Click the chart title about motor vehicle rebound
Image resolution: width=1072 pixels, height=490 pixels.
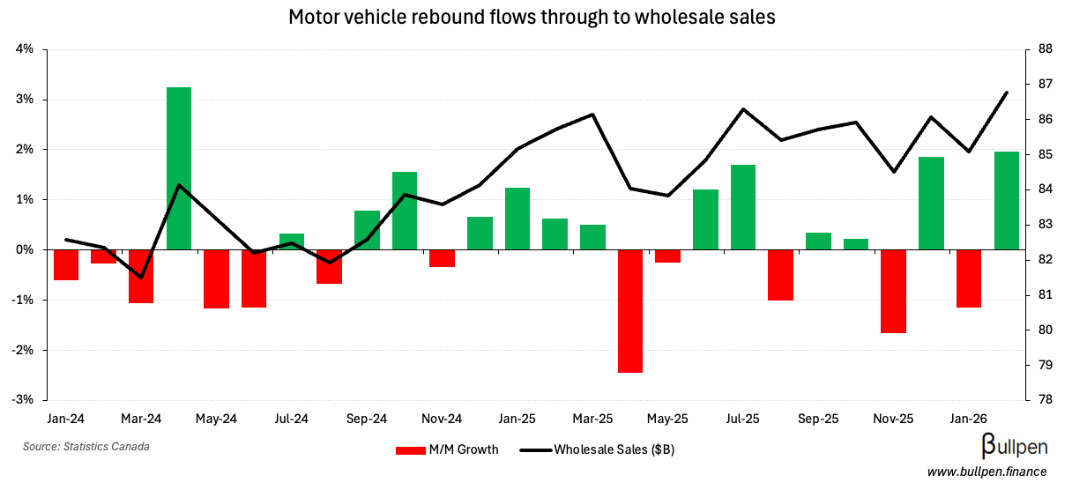coord(532,17)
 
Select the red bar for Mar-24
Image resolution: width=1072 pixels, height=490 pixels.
coord(141,276)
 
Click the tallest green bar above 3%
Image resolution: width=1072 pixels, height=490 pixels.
coord(179,167)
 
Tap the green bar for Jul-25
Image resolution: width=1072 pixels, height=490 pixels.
coord(743,207)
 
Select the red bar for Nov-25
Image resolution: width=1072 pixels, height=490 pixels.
coord(894,291)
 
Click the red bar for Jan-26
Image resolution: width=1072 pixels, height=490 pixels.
coord(969,278)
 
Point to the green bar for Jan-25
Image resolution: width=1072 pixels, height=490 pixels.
coord(517,219)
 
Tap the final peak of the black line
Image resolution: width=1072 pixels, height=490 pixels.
coord(1007,93)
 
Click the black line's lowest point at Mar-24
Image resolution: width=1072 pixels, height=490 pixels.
coord(141,277)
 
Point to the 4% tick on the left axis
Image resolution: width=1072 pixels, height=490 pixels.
coord(25,49)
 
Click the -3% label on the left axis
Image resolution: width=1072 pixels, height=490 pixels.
coord(23,400)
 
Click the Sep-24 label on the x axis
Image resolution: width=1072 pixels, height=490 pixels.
coord(367,419)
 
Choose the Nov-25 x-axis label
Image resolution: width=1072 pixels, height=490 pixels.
coord(894,419)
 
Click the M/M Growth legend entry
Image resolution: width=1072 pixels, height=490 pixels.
coord(447,449)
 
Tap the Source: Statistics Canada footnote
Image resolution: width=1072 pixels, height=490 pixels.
coord(86,447)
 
